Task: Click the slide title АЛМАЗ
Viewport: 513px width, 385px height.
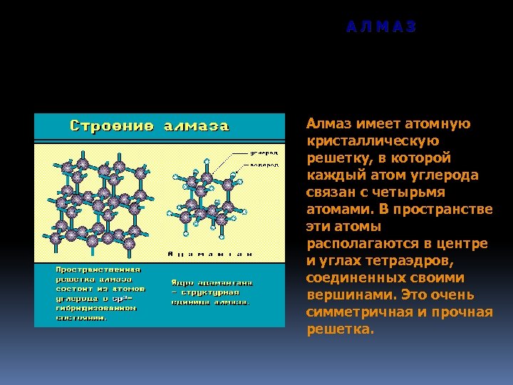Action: point(381,27)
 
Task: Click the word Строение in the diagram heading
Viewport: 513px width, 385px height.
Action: point(110,127)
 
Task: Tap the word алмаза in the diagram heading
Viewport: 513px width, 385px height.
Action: point(197,127)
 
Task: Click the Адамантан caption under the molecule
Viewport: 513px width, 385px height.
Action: point(209,253)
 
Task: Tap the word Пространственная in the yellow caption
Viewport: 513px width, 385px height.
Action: point(99,269)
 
